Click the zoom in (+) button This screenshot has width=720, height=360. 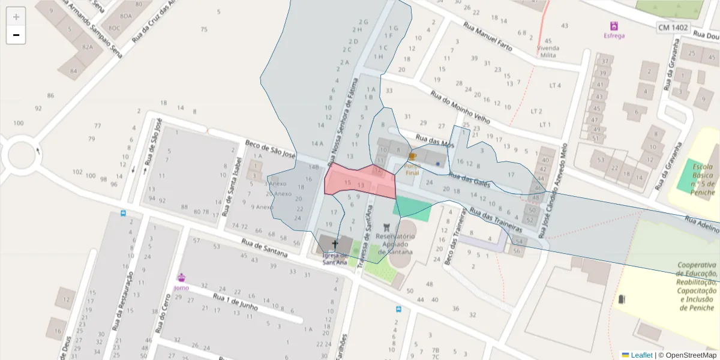point(16,17)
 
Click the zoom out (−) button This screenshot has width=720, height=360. point(16,35)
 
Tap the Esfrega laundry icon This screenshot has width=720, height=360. point(614,26)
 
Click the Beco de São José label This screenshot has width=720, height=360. point(271,149)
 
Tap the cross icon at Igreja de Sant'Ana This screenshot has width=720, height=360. point(335,244)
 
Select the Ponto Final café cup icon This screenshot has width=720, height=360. point(412,157)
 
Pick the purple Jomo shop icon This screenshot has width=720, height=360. point(181,277)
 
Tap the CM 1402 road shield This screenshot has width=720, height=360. point(673,27)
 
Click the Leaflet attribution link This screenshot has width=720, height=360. point(641,355)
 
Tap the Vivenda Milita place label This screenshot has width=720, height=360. point(548,52)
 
